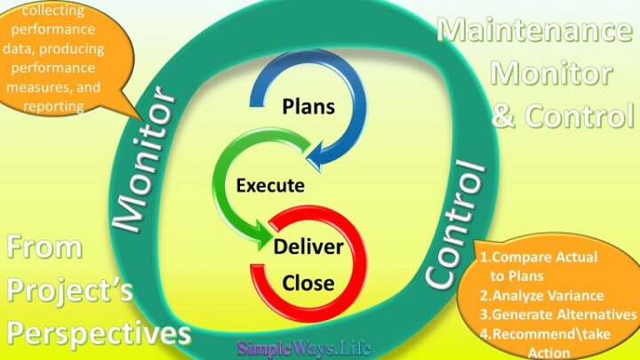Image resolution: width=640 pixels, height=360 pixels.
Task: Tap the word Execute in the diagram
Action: (x=270, y=187)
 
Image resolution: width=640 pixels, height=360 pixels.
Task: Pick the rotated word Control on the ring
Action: (x=454, y=226)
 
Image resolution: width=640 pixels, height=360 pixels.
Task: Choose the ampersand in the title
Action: (x=503, y=116)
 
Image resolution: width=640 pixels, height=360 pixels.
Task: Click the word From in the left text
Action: (x=44, y=248)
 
